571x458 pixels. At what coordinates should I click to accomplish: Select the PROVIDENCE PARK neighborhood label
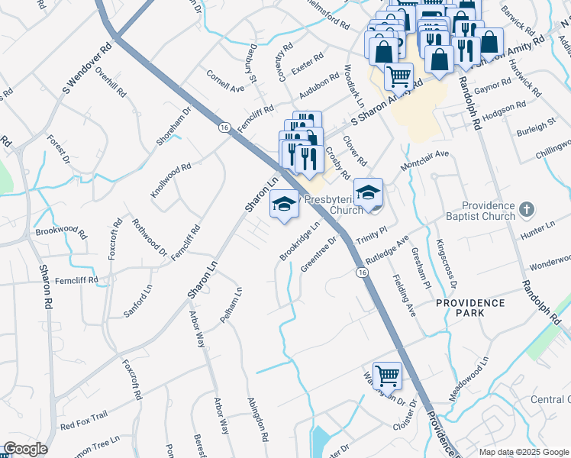click(x=470, y=308)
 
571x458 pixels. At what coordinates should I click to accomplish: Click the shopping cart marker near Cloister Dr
click(x=388, y=375)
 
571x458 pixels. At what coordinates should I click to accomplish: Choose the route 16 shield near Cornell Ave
click(x=223, y=127)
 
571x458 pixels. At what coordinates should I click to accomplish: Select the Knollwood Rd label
click(x=170, y=181)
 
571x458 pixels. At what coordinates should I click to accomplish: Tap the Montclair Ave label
click(x=424, y=161)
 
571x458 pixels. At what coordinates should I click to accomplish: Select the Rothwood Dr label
click(x=149, y=237)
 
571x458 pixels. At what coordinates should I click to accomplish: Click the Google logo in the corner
click(x=24, y=449)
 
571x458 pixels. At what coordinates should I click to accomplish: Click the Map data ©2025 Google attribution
click(x=524, y=452)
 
